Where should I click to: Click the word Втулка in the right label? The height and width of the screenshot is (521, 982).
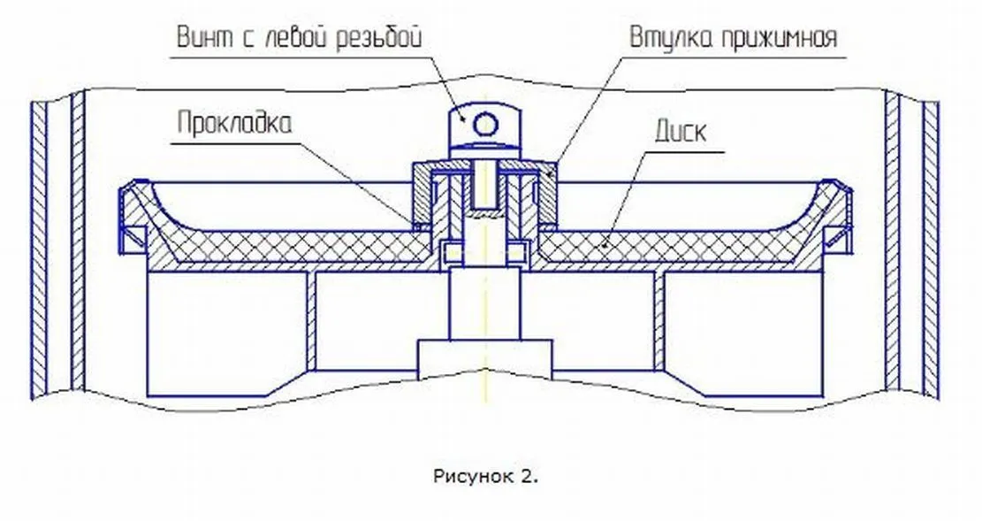click(671, 38)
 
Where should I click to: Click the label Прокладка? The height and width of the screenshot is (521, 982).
click(234, 124)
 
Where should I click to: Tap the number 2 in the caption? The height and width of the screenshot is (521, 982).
click(528, 477)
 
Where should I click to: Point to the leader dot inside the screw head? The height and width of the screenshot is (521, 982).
click(463, 119)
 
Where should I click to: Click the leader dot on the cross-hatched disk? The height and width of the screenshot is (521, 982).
click(603, 245)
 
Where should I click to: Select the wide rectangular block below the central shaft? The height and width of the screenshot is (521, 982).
click(485, 360)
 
